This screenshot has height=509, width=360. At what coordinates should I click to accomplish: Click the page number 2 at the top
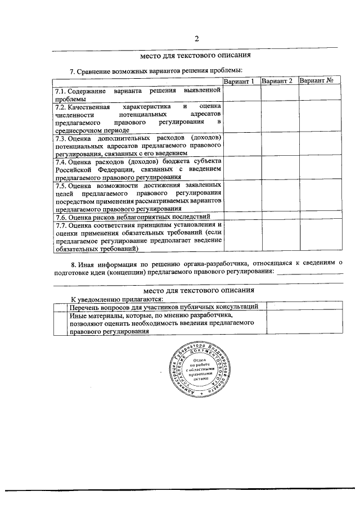(196, 38)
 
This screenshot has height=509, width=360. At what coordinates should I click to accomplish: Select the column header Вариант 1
(241, 82)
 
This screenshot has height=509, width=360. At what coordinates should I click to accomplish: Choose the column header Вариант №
(317, 82)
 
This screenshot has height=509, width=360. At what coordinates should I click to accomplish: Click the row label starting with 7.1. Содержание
(138, 94)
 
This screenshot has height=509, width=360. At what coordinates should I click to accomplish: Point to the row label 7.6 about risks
(138, 216)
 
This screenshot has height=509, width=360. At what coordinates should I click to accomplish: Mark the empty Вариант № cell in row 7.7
(317, 236)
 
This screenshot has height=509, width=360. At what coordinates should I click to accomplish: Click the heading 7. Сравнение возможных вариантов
(156, 71)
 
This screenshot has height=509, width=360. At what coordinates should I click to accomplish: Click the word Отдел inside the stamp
(199, 358)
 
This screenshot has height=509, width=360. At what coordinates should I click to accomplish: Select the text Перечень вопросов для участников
(163, 307)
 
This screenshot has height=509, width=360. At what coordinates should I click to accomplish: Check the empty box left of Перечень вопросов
(58, 307)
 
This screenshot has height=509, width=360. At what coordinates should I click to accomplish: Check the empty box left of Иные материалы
(58, 323)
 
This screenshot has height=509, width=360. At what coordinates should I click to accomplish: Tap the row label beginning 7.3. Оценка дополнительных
(138, 145)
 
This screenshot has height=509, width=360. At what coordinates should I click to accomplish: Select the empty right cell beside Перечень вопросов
(300, 307)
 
